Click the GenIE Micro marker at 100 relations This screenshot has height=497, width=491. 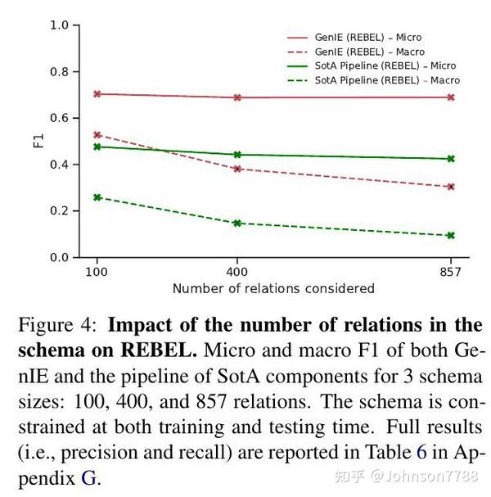pos(97,94)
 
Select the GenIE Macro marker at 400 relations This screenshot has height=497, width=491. pos(237,169)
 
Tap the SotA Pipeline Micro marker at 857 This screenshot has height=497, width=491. pos(450,159)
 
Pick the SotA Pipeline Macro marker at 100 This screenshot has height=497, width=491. pos(97,197)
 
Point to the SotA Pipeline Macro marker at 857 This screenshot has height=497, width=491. pos(450,236)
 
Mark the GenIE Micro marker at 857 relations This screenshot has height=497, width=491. pos(450,97)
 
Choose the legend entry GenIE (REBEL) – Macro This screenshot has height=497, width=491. pos(368,52)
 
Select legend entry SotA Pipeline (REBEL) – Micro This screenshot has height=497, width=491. pos(384,66)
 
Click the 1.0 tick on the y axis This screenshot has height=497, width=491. pos(59,25)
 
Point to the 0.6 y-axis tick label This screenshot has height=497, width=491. pos(59,118)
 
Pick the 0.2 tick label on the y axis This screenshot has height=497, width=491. pos(59,211)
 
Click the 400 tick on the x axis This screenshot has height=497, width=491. pos(237,271)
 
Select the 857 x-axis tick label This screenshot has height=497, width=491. pos(450,271)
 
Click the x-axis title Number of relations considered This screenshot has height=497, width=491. pos(273,288)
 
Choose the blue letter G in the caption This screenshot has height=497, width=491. pos(88,478)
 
